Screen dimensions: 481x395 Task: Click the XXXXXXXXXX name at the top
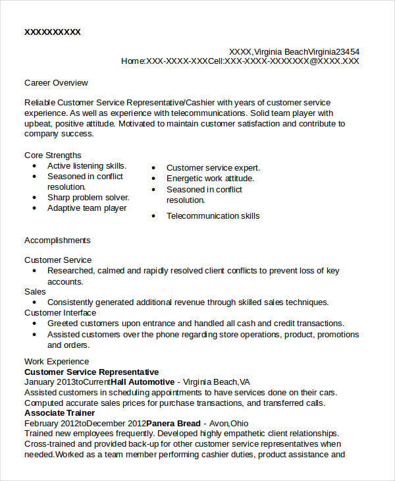(52, 32)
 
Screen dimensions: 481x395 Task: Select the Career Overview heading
(56, 83)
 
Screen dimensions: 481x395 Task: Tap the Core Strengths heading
(53, 156)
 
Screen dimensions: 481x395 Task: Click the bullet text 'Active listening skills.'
(86, 166)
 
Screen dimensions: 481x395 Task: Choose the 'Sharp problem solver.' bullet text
(88, 198)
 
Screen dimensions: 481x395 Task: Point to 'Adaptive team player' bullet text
(87, 208)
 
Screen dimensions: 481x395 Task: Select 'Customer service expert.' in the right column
(213, 168)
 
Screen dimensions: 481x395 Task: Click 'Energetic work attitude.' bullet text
(210, 179)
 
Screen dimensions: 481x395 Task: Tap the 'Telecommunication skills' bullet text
(213, 216)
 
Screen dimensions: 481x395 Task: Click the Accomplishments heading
(57, 240)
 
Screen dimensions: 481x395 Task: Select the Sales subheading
(35, 292)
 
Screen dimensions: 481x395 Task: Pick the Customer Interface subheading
(60, 313)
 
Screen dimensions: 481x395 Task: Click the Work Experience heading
(57, 362)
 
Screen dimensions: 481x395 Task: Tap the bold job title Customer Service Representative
(92, 372)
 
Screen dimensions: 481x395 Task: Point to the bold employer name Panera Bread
(172, 423)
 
